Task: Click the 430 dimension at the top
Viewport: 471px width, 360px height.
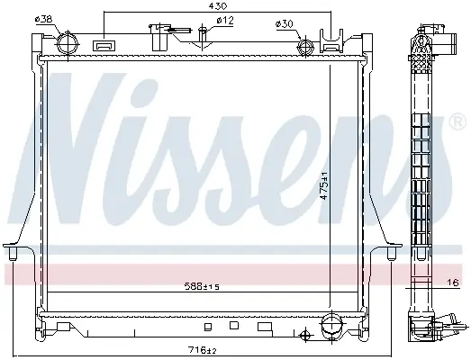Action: click(x=219, y=5)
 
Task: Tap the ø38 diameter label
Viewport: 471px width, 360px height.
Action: click(x=44, y=19)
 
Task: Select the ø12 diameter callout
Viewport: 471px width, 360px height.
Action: click(x=224, y=21)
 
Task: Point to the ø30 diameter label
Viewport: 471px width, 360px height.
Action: click(x=285, y=24)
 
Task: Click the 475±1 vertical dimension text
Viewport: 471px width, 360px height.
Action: click(x=324, y=185)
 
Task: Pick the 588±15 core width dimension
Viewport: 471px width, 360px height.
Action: click(x=202, y=287)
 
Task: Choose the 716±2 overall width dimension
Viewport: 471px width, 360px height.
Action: click(x=202, y=350)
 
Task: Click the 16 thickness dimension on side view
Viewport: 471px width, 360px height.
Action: click(x=453, y=283)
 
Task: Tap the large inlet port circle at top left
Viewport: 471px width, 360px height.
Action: click(x=68, y=43)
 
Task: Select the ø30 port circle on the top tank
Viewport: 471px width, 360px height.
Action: click(x=305, y=47)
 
